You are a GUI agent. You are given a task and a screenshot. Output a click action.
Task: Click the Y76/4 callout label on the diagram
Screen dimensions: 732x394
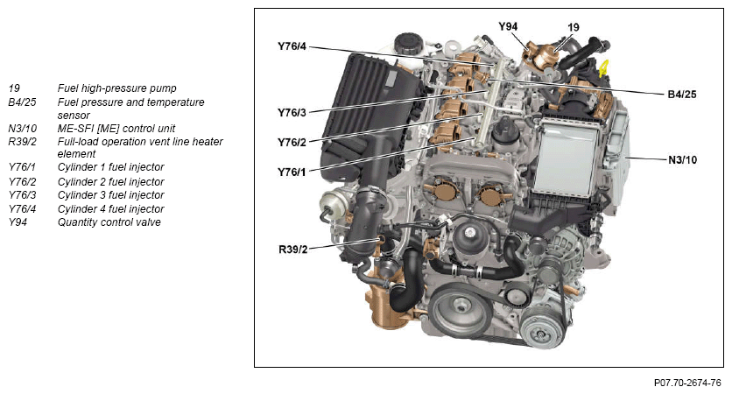pyautogui.click(x=292, y=46)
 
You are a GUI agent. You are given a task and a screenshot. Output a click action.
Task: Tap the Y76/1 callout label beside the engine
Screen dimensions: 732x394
pyautogui.click(x=292, y=172)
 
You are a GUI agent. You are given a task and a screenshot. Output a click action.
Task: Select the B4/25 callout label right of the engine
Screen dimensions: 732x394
pyautogui.click(x=681, y=95)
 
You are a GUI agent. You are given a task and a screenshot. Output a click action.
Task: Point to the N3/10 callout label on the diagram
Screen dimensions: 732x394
pyautogui.click(x=682, y=159)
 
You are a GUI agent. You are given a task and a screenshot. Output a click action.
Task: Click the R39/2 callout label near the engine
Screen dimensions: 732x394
pyautogui.click(x=293, y=250)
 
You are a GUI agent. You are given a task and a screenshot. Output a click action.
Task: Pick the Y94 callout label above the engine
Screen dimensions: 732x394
pyautogui.click(x=508, y=26)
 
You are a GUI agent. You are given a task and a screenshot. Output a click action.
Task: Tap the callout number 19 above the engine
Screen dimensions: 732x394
pyautogui.click(x=574, y=27)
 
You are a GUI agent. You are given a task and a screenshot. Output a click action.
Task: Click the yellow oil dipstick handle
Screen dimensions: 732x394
pyautogui.click(x=604, y=68)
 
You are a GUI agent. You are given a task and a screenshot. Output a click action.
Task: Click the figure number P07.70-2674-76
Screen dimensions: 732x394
pyautogui.click(x=687, y=383)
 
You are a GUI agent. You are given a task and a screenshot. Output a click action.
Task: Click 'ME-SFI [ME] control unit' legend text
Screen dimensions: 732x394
pyautogui.click(x=116, y=129)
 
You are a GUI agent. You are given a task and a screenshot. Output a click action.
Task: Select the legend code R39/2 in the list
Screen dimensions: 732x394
pyautogui.click(x=22, y=142)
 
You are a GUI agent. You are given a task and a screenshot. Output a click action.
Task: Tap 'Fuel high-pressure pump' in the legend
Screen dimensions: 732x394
pyautogui.click(x=116, y=88)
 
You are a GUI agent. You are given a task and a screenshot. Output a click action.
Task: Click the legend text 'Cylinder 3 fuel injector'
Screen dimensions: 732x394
pyautogui.click(x=110, y=194)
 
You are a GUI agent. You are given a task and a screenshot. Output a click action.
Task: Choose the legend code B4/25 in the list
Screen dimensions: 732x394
pyautogui.click(x=22, y=102)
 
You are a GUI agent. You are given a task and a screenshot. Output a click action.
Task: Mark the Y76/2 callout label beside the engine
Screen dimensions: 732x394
pyautogui.click(x=292, y=143)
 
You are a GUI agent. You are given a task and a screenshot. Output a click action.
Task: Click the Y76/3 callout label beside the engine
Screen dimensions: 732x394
pyautogui.click(x=292, y=112)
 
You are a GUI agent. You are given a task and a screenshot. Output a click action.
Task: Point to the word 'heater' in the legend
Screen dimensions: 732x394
pyautogui.click(x=208, y=142)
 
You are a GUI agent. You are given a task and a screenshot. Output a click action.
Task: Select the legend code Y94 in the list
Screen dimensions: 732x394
pyautogui.click(x=18, y=222)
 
